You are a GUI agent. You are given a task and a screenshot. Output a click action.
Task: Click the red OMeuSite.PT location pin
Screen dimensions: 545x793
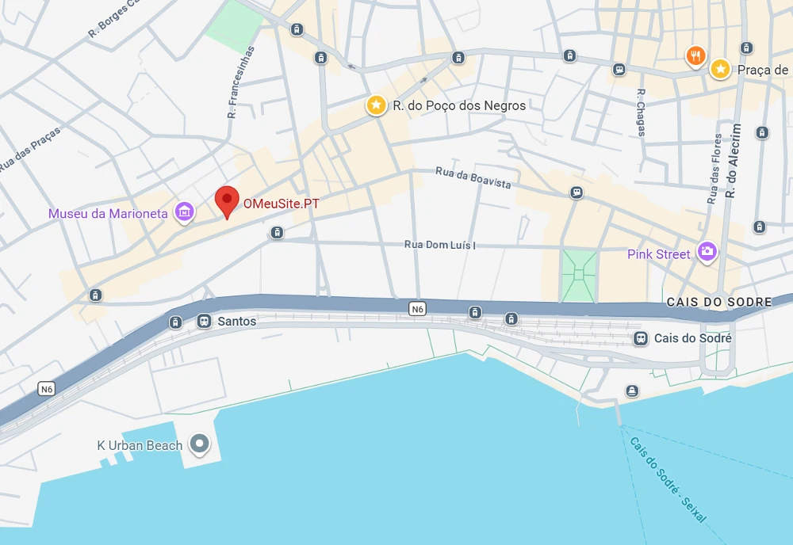[x=228, y=200]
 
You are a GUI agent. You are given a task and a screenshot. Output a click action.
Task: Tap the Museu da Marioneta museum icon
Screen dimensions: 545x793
[x=185, y=212]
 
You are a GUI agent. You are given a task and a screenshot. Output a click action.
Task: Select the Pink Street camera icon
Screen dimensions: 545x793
[x=706, y=253]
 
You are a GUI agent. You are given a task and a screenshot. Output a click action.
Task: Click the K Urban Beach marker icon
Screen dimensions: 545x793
[x=200, y=444]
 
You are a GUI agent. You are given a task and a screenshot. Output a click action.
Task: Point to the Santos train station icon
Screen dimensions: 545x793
[x=204, y=321]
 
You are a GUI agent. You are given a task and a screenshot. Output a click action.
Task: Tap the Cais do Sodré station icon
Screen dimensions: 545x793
[x=640, y=338]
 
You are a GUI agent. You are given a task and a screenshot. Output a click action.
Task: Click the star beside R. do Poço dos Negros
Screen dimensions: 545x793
[x=375, y=105]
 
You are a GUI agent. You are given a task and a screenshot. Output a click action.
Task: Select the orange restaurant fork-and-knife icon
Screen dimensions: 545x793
[x=695, y=55]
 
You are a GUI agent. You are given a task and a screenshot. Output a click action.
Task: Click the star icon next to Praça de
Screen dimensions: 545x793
[x=720, y=69]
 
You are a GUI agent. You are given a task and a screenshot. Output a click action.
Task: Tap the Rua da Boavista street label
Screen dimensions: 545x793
[x=473, y=178]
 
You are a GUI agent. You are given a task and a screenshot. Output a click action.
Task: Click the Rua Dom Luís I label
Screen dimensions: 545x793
[x=440, y=245]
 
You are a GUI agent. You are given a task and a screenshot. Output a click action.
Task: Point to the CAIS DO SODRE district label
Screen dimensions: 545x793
[x=719, y=302]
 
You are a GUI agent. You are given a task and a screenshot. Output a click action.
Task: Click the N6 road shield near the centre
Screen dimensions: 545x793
[x=418, y=309]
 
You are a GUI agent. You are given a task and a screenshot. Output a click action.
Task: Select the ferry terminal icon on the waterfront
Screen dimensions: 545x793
[x=632, y=391]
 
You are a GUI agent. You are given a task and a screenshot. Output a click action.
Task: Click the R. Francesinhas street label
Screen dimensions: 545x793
[x=241, y=82]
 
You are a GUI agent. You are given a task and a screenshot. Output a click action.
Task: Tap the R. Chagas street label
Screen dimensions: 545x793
[x=642, y=112]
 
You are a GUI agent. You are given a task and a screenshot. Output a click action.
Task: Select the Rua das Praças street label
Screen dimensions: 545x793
[x=29, y=150]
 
